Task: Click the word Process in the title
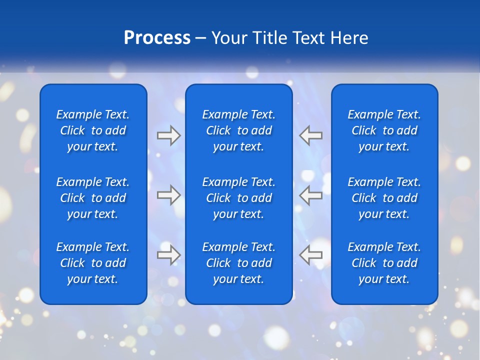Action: [157, 38]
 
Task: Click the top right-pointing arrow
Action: [169, 135]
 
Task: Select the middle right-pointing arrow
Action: [169, 195]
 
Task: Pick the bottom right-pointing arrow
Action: [169, 254]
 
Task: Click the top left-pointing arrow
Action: [311, 135]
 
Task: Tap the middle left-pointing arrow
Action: [311, 195]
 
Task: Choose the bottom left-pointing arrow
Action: [311, 254]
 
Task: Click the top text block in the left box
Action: [93, 130]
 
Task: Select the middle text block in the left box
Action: [93, 198]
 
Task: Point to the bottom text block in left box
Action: [93, 263]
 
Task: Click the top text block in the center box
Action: [239, 130]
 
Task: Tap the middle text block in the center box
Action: [239, 198]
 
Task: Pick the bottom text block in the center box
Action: [239, 263]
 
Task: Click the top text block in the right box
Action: [384, 130]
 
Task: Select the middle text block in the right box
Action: [384, 198]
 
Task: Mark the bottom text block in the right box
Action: [384, 263]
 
